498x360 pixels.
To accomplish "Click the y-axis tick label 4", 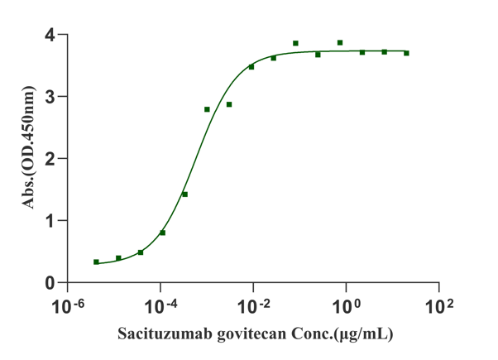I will coord(50,36).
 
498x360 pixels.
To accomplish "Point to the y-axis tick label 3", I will coord(50,97).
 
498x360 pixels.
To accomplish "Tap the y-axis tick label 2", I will coord(50,159).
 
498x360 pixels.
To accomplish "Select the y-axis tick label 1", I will coord(50,221).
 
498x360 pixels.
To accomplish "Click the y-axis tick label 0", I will coord(50,282).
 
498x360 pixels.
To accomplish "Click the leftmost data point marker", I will coord(96,262).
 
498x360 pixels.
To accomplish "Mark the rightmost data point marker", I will coord(406,53).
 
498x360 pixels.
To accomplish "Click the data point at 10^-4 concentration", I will coord(162,233).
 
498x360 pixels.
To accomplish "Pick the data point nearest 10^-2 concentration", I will coord(251,66).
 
